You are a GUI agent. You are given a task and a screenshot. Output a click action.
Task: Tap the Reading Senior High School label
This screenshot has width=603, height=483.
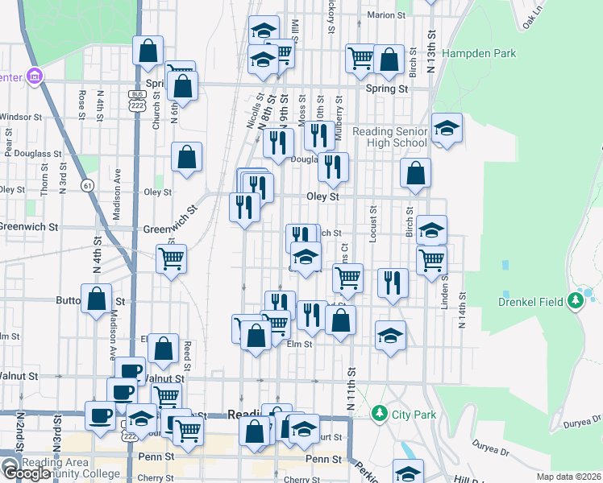pyautogui.click(x=389, y=137)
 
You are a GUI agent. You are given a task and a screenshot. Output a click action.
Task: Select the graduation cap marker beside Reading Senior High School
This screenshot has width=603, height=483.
pyautogui.click(x=446, y=128)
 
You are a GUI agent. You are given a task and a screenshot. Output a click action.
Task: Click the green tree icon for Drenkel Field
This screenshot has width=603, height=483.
pyautogui.click(x=575, y=301)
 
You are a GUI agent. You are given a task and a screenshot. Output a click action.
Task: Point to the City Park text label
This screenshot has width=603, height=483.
pyautogui.click(x=414, y=415)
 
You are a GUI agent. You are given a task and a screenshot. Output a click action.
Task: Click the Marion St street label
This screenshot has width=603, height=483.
pyautogui.click(x=385, y=14)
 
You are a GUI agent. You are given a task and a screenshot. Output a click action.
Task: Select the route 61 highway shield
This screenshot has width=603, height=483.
pyautogui.click(x=86, y=185)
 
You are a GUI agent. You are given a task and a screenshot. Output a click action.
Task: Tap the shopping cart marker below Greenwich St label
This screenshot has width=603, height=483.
pyautogui.click(x=171, y=260)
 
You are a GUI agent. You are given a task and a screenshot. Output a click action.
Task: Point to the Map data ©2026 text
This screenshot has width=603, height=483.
pyautogui.click(x=568, y=477)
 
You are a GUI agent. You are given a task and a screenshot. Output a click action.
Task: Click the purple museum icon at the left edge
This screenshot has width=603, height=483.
pyautogui.click(x=33, y=77)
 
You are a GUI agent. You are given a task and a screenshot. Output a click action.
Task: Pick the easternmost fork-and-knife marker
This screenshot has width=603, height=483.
pyautogui.click(x=392, y=283)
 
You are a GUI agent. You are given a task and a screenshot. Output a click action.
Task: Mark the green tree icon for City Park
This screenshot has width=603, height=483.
pyautogui.click(x=380, y=413)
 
